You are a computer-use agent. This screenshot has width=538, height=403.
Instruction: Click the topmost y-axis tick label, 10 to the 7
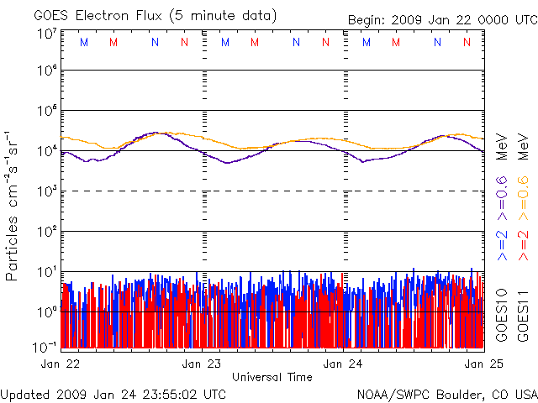pyautogui.click(x=47, y=33)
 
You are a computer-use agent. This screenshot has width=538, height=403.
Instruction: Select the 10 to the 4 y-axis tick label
pyautogui.click(x=47, y=149)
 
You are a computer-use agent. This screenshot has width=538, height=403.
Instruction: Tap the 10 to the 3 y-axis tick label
pyautogui.click(x=47, y=190)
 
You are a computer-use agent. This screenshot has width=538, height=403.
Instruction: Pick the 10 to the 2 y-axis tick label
pyautogui.click(x=47, y=229)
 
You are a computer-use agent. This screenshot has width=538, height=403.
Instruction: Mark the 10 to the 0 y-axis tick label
pyautogui.click(x=47, y=310)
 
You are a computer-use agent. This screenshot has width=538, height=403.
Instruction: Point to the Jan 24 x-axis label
pyautogui.click(x=345, y=364)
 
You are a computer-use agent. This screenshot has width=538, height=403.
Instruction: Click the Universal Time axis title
pyautogui.click(x=272, y=377)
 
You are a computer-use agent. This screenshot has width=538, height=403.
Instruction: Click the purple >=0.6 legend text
pyautogui.click(x=502, y=192)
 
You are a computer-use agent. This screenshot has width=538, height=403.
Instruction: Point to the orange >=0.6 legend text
pyautogui.click(x=522, y=192)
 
